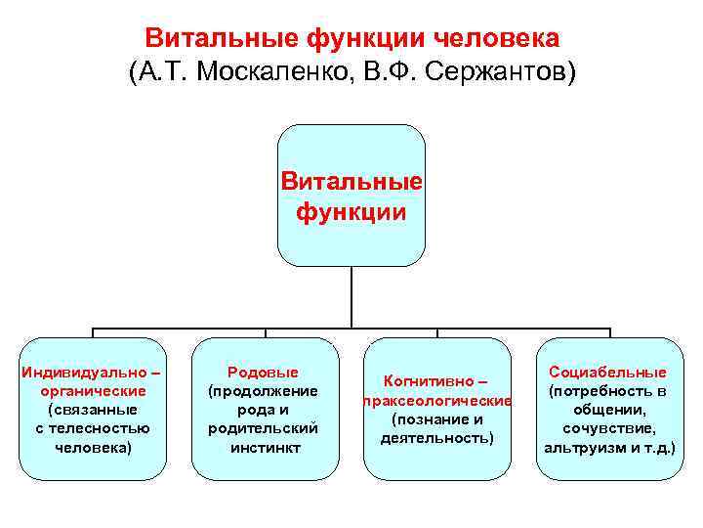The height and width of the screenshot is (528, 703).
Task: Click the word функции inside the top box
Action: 351,211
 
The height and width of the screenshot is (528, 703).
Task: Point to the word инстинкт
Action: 264,448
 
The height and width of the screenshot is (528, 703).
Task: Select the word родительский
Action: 264,428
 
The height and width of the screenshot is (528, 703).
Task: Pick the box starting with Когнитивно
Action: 436,409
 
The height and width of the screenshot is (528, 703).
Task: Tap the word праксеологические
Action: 436,401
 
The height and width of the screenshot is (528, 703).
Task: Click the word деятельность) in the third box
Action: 436,438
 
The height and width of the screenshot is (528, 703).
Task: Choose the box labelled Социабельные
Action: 608,409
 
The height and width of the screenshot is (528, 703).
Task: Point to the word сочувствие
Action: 608,428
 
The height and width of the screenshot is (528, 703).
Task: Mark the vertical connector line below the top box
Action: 351,298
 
